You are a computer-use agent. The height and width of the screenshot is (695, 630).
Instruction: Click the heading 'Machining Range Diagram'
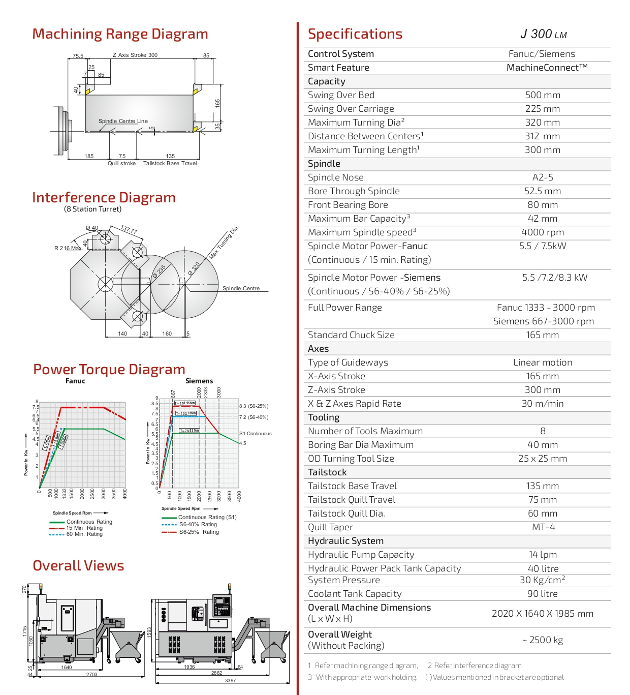point(120,34)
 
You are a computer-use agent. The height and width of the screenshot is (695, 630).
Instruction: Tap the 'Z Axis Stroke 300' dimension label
point(135,55)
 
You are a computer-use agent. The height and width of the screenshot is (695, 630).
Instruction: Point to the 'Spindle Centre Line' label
point(123,121)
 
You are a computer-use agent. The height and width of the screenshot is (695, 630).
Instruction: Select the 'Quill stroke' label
point(121,163)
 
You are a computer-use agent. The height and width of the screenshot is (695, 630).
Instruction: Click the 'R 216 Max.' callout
point(68,248)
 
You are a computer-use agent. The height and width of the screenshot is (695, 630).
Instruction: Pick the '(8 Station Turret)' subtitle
point(92,209)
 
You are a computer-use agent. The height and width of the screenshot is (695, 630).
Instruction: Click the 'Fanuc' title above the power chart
point(75,381)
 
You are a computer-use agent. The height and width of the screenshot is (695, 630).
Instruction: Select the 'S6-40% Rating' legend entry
point(198,524)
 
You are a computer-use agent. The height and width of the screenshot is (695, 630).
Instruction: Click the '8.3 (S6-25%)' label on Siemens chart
point(254,406)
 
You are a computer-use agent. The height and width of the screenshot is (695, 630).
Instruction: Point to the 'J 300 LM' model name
point(543,34)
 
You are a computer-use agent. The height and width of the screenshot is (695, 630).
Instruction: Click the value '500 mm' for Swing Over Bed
point(543,95)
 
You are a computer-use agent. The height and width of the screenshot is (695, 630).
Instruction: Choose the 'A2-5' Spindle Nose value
point(543,177)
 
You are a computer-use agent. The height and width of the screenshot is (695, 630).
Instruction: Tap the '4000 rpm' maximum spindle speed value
point(543,232)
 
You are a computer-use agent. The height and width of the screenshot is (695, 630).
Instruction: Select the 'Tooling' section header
point(324,417)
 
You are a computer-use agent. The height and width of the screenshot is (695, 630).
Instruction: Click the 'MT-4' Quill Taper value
point(543,527)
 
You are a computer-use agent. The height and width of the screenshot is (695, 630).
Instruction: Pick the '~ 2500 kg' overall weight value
point(543,640)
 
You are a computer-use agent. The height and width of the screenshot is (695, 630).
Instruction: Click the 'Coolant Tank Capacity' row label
point(355,594)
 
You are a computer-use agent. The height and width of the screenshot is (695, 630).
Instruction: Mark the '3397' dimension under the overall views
point(230,680)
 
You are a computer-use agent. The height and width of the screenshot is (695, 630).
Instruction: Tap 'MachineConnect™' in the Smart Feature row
point(547,68)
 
